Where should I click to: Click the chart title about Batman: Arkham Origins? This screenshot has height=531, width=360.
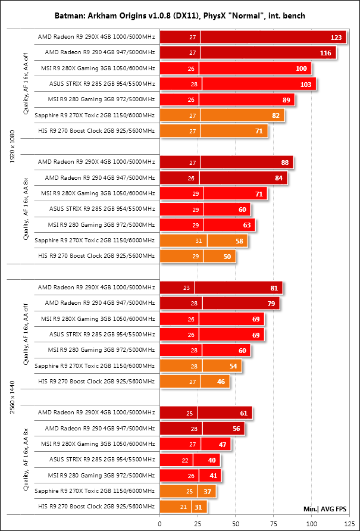click(180, 14)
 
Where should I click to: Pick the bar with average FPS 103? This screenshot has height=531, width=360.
click(238, 84)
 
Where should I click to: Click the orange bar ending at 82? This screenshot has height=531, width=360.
click(222, 115)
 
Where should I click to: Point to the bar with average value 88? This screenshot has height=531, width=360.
click(226, 162)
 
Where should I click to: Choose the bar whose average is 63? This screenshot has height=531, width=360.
click(208, 224)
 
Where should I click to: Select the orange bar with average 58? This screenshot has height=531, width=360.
click(204, 240)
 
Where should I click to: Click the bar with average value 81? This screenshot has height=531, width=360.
click(221, 288)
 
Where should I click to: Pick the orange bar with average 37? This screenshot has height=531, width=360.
click(187, 491)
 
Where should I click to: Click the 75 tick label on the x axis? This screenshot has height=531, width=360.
click(273, 524)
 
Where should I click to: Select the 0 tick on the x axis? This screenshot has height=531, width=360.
click(159, 524)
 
